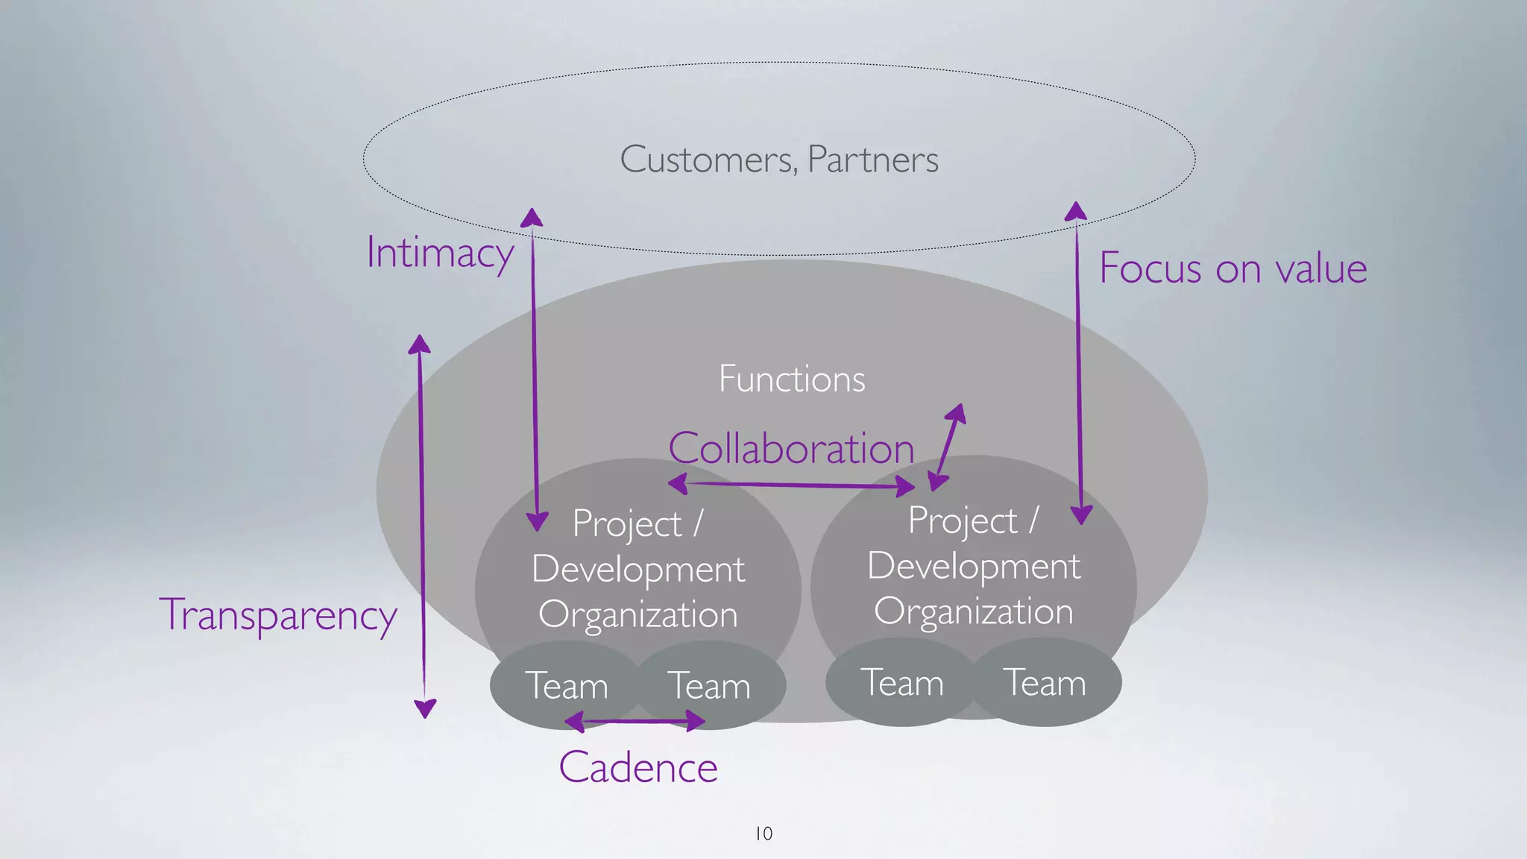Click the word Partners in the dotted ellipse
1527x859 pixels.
873,160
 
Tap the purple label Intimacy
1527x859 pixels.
440,254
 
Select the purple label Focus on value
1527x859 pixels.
1233,268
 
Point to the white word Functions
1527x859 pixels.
792,379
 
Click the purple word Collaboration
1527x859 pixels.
791,449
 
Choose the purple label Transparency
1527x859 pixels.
278,616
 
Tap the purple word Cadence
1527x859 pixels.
638,768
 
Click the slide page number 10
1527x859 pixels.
764,834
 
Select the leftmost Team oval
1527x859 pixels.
566,685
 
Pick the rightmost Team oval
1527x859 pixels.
1045,682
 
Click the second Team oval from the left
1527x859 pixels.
709,685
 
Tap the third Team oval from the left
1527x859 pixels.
902,682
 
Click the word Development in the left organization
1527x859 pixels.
638,570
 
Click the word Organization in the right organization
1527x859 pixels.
974,611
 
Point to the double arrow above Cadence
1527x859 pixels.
635,721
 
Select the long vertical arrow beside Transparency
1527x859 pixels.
422,522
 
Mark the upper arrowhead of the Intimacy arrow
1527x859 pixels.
532,217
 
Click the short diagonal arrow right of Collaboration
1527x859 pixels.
947,447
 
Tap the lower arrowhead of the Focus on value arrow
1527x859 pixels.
1081,515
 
